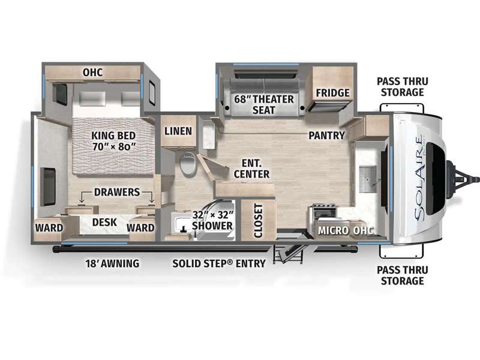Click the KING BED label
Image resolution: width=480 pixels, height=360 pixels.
pyautogui.click(x=113, y=136)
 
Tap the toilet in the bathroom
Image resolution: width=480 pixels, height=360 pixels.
pyautogui.click(x=188, y=164)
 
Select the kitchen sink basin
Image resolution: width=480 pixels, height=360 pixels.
pyautogui.click(x=367, y=179)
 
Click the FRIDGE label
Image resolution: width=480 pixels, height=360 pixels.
pyautogui.click(x=333, y=93)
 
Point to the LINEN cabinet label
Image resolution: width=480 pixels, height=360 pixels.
pyautogui.click(x=178, y=131)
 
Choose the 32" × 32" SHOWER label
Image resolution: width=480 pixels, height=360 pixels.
pyautogui.click(x=212, y=220)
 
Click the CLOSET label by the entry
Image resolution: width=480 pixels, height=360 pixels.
pyautogui.click(x=259, y=221)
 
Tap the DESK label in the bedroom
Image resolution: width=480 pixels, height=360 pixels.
pyautogui.click(x=104, y=222)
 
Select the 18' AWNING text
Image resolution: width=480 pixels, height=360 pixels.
pyautogui.click(x=112, y=263)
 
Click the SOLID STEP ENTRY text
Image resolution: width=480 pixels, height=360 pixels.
pyautogui.click(x=219, y=263)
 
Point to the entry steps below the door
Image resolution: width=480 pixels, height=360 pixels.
pyautogui.click(x=287, y=253)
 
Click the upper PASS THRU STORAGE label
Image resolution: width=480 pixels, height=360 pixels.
pyautogui.click(x=402, y=86)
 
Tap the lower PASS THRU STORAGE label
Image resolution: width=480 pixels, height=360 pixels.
pyautogui.click(x=402, y=275)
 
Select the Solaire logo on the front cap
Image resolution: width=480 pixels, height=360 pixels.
pyautogui.click(x=419, y=179)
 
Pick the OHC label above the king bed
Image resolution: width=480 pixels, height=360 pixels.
pyautogui.click(x=92, y=72)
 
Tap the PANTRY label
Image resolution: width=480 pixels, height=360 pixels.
pyautogui.click(x=326, y=136)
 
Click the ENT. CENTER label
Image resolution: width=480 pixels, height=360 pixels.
pyautogui.click(x=251, y=169)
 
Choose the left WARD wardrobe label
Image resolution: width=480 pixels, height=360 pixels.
pyautogui.click(x=49, y=228)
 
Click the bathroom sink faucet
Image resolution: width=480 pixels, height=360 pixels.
pyautogui.click(x=184, y=229)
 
